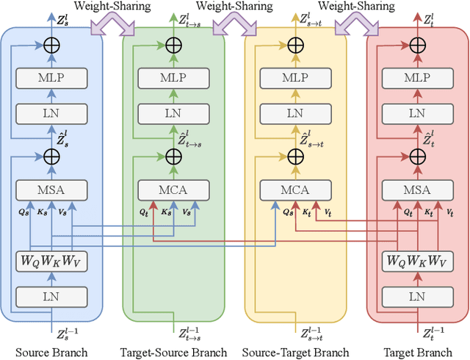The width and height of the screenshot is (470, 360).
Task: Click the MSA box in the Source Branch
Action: coord(51,190)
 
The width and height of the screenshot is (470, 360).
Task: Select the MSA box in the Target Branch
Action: coord(417,190)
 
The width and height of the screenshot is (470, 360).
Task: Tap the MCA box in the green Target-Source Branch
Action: coord(173,190)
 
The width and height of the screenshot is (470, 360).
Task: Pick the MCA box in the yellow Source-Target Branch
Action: coord(295,190)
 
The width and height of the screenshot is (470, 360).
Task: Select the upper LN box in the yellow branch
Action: coord(295,113)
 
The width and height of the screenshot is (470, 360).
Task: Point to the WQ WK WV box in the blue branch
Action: coord(51,260)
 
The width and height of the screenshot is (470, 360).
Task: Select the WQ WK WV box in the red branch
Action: coord(417,260)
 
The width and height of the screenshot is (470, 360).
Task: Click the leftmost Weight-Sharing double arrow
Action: coord(112,27)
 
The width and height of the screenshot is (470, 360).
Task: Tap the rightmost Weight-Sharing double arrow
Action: coord(356,27)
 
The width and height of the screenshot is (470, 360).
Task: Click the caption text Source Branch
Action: coord(51,353)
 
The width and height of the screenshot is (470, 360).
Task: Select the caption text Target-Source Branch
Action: coord(173,353)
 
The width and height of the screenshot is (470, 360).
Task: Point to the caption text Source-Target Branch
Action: coord(295,353)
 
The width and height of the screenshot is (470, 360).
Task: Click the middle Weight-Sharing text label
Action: coord(234,7)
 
